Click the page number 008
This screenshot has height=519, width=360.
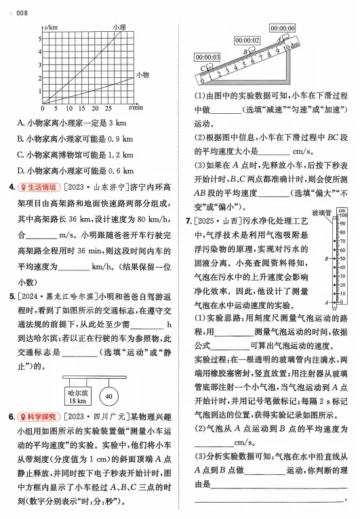(21, 11)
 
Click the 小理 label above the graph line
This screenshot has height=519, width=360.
(119, 27)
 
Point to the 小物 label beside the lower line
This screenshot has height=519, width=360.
(142, 75)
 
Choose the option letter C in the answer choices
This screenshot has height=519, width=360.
(21, 154)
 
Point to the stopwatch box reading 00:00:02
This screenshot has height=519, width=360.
(247, 41)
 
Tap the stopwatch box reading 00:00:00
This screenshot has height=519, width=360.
(282, 28)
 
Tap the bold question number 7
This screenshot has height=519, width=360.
(188, 221)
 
